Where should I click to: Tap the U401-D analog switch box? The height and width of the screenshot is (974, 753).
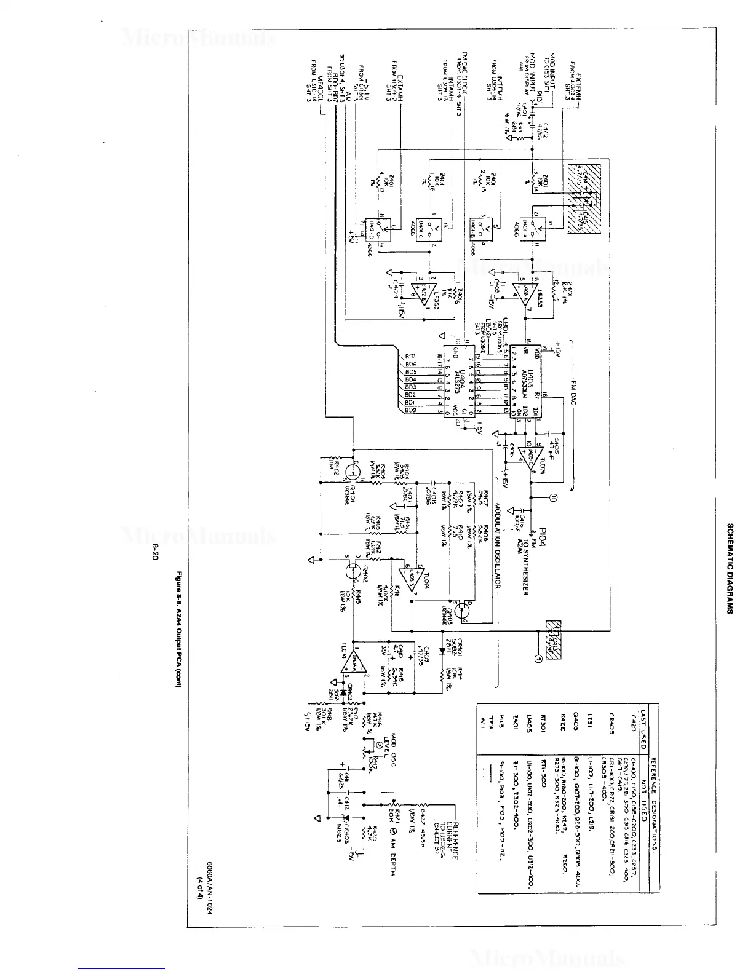pyautogui.click(x=371, y=228)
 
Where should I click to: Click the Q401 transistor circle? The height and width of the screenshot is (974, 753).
pyautogui.click(x=353, y=472)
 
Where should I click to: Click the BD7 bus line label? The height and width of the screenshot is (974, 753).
pyautogui.click(x=410, y=357)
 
